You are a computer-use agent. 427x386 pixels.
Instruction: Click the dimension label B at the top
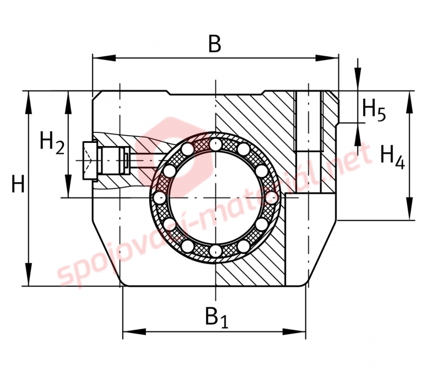(x=214, y=44)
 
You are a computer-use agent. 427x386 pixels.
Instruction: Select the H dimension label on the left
(x=18, y=184)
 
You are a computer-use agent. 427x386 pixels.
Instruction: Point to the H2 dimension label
(x=52, y=143)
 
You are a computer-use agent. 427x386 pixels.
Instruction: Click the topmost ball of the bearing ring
(x=215, y=144)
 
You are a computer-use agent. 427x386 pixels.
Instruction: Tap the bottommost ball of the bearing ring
(x=215, y=250)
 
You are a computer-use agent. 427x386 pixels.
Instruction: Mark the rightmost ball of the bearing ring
(x=272, y=197)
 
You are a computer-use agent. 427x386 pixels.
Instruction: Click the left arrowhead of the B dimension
(x=104, y=58)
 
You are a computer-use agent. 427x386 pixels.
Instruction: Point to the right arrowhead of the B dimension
(x=327, y=58)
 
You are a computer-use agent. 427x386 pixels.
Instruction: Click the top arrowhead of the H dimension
(x=28, y=102)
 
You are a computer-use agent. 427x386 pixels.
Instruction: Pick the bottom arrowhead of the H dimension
(x=28, y=275)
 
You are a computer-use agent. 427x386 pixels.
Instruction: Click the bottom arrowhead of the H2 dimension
(x=68, y=186)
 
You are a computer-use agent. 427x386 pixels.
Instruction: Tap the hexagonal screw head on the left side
(x=90, y=160)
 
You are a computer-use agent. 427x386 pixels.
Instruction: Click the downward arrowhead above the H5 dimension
(x=358, y=79)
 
